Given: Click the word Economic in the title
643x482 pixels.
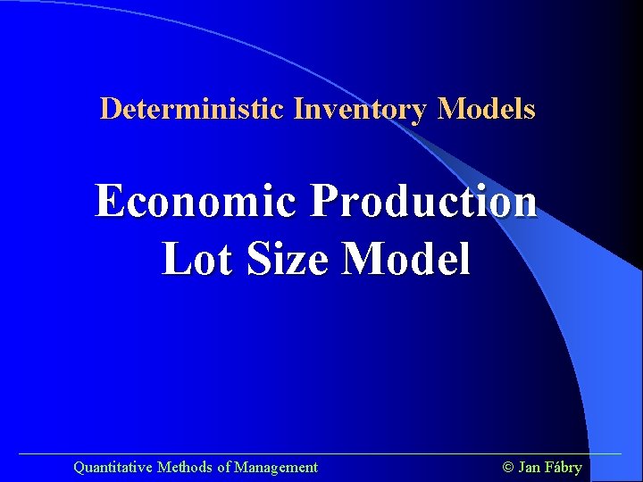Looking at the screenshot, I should point(196,201).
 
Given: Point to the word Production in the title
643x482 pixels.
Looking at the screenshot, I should point(423,201).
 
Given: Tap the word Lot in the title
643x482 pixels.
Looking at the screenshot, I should point(193,260).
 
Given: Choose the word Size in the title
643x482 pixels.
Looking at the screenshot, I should point(283,260).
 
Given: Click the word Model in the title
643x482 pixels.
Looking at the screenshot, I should point(406,260).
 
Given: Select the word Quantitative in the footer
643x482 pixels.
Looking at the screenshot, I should point(113,467).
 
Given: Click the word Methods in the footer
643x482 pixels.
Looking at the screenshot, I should point(185,467).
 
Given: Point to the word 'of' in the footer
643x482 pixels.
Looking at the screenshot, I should point(223,467).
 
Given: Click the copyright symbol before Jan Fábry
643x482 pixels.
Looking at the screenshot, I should point(509,467).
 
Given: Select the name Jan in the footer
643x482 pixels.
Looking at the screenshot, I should point(529,467).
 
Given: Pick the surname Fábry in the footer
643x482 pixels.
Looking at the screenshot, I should point(563,467).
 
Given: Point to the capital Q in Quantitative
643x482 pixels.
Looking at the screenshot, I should point(79,467).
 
